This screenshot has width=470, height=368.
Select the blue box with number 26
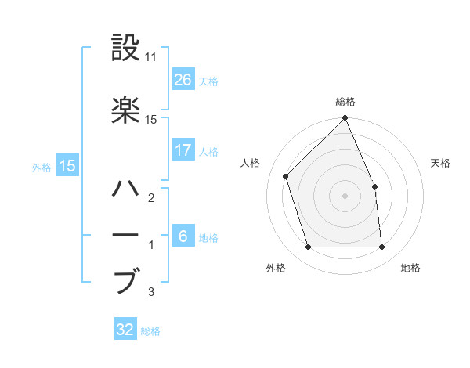pos(183,80)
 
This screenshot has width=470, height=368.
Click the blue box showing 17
pos(183,150)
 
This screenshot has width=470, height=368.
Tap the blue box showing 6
pos(183,236)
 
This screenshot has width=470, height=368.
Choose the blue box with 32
pos(126,330)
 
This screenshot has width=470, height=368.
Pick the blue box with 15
pos(67,166)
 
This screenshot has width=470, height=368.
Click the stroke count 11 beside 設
pos(150,58)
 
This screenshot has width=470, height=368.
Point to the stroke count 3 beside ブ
pos(150,293)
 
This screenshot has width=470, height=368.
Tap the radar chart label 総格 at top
pos(345,102)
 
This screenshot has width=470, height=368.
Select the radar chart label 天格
pos(440,163)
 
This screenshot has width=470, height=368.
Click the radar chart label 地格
pos(410,268)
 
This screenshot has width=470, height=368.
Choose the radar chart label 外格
pos(276,268)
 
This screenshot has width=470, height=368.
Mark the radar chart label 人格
pos(250,163)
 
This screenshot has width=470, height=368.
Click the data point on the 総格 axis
pos(345,119)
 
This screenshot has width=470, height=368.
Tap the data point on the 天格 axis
pos(374,186)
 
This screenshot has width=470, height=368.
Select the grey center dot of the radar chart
pos(345,196)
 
